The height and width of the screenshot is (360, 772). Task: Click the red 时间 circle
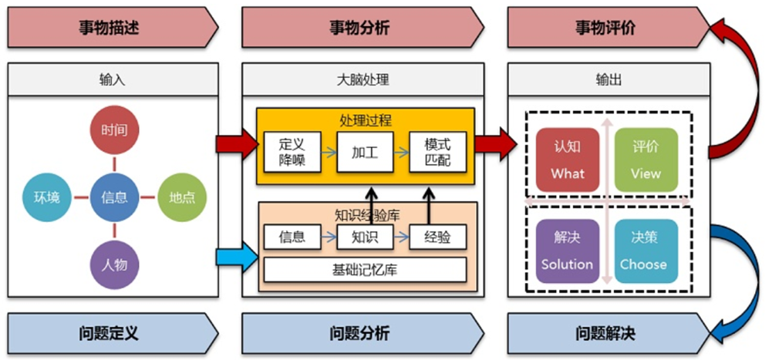point(114,130)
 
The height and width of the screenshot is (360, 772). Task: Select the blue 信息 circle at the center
point(114,197)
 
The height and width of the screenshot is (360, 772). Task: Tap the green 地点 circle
point(182,197)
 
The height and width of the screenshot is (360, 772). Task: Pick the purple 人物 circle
point(114,265)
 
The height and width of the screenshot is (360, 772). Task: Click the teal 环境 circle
point(46,197)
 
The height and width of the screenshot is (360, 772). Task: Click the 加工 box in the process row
point(365,152)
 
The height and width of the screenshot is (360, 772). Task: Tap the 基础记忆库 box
point(365,270)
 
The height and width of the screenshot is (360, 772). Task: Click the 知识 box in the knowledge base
point(365,237)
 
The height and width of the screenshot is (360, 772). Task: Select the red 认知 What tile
point(567,160)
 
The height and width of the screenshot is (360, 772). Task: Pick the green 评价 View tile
point(646,160)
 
